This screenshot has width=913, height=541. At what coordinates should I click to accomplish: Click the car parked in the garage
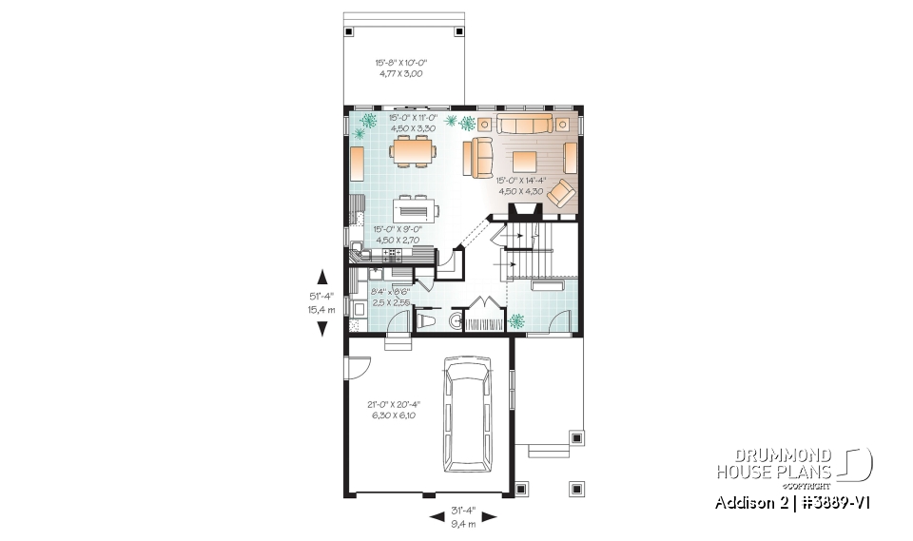[466, 415]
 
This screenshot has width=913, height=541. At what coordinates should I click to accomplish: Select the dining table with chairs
[413, 151]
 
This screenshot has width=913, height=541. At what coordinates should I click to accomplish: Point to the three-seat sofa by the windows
[524, 126]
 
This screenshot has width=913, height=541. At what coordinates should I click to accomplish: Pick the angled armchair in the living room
[561, 193]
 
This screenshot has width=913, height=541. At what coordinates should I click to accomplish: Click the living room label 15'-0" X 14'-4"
[519, 185]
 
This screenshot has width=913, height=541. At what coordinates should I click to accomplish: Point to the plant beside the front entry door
[517, 321]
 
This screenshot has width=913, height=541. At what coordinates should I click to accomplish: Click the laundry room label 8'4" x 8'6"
[390, 297]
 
